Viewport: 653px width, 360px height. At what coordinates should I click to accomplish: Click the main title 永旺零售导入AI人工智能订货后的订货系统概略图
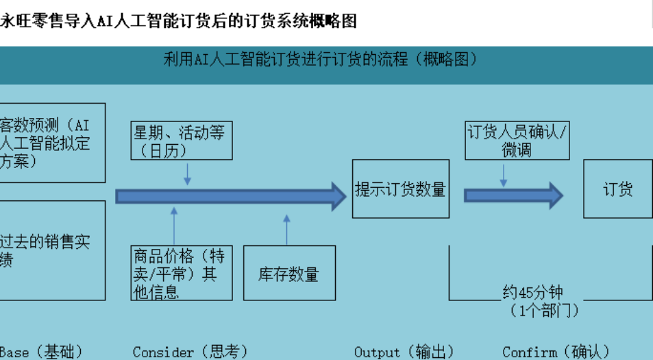pyautogui.click(x=178, y=21)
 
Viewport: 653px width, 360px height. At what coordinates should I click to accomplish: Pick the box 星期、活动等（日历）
pyautogui.click(x=182, y=141)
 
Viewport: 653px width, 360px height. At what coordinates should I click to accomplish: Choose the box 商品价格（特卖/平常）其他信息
pyautogui.click(x=182, y=274)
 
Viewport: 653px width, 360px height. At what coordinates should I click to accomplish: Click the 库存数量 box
pyautogui.click(x=289, y=274)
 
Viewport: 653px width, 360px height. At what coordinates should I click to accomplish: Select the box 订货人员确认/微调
pyautogui.click(x=517, y=141)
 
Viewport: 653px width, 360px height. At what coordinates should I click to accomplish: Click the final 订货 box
pyautogui.click(x=617, y=189)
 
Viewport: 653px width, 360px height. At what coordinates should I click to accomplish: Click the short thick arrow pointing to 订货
pyautogui.click(x=513, y=195)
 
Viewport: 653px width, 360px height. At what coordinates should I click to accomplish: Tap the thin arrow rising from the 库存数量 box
pyautogui.click(x=286, y=230)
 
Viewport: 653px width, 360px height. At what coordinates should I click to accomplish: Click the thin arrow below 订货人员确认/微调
pyautogui.click(x=504, y=174)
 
